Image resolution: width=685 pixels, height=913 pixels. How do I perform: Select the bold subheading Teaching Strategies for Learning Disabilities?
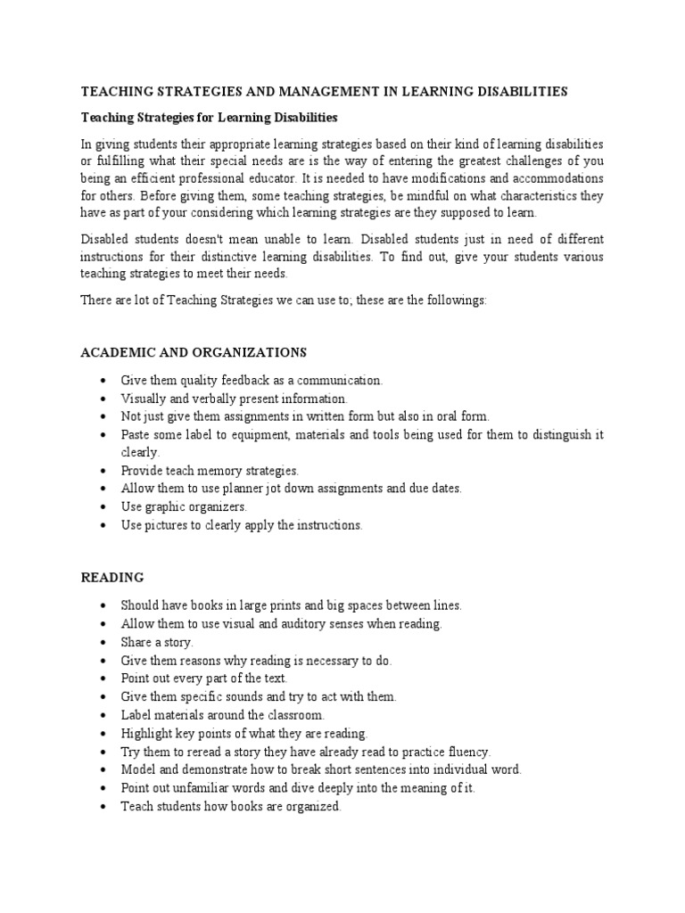(209, 117)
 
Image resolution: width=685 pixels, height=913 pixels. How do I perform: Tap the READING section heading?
(112, 578)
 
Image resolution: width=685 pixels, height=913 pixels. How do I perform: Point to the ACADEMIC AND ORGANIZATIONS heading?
(194, 352)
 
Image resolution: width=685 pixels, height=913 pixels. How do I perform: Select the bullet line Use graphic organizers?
(184, 506)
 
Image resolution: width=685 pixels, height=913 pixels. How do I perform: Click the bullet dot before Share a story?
(107, 642)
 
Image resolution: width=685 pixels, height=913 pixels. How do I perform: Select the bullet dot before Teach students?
(107, 806)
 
